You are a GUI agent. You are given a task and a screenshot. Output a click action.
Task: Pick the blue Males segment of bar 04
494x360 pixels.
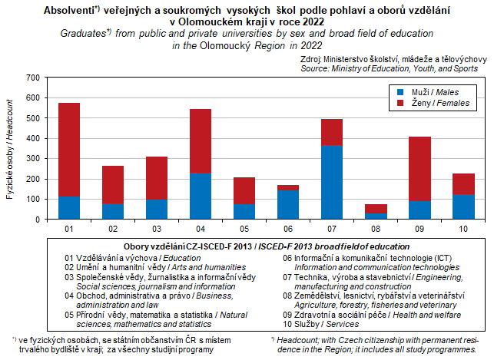point(201,196)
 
